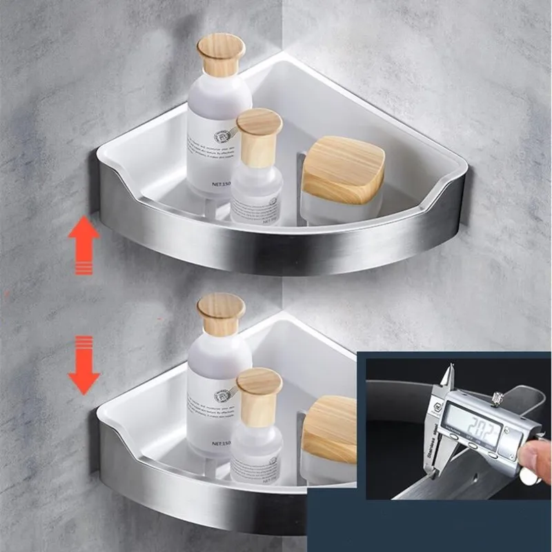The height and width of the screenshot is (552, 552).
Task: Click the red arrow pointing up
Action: pyautogui.click(x=83, y=246)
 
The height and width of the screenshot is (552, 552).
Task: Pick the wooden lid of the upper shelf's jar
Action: pyautogui.click(x=343, y=168)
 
